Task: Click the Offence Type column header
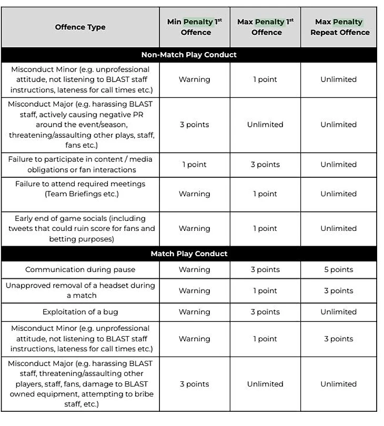80,27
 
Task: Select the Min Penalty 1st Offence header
195,27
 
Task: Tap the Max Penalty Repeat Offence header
339,27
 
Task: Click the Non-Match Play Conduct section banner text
189,55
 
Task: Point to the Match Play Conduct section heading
189,253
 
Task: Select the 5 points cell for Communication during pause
339,269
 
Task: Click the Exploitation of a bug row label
80,312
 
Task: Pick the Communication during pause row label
80,269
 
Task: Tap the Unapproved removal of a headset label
80,290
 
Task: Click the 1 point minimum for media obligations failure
195,165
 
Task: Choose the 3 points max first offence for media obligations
265,165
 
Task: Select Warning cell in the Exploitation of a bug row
195,312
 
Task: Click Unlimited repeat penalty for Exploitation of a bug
339,312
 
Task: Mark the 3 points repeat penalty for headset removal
339,290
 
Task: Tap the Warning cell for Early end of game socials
195,228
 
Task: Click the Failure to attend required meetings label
80,188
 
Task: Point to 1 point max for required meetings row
265,194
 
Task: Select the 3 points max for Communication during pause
265,269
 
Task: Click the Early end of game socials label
80,228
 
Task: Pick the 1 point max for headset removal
265,290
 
